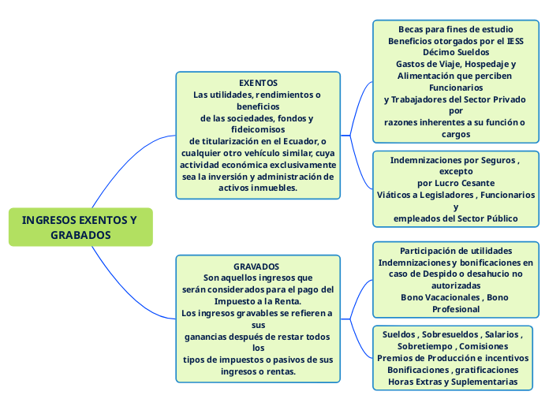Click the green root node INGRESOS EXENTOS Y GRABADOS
point(80,227)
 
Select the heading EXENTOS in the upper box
point(258,82)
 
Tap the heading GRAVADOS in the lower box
point(257,266)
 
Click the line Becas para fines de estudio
point(455,29)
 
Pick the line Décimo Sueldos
point(456,53)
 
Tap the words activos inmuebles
point(258,188)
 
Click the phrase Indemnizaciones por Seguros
point(454,159)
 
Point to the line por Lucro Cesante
point(456,183)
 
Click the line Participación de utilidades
point(456,251)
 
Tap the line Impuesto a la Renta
point(258,301)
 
